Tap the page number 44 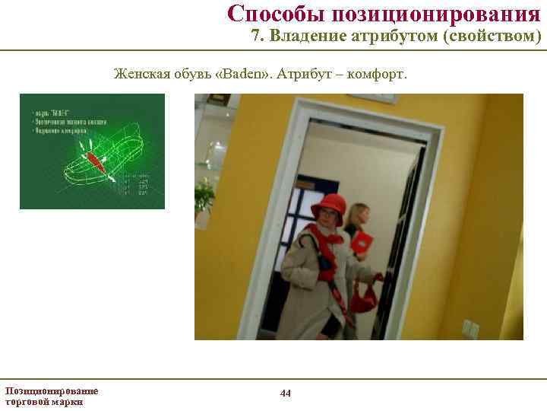pyautogui.click(x=286, y=393)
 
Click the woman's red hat pyautogui.click(x=328, y=205)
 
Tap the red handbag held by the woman pyautogui.click(x=364, y=298)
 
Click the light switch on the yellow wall pyautogui.click(x=470, y=329)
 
